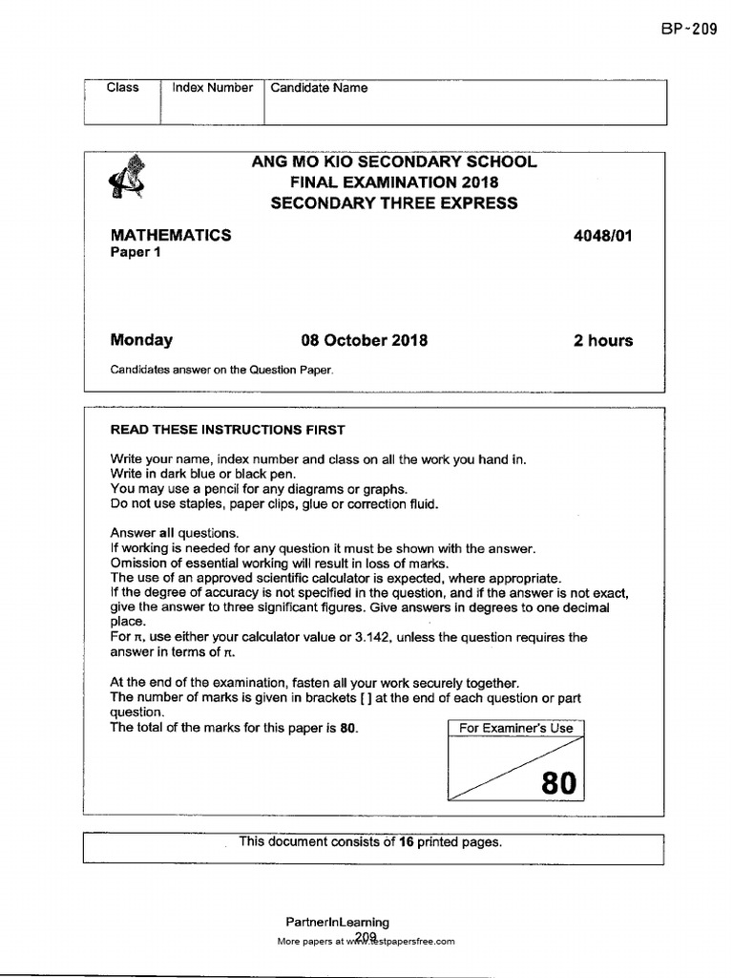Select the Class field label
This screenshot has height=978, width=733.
pyautogui.click(x=122, y=88)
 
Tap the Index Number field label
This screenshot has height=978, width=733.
pyautogui.click(x=212, y=88)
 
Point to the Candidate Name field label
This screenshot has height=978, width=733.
pyautogui.click(x=319, y=88)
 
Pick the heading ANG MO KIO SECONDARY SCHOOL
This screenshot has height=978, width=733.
pyautogui.click(x=394, y=161)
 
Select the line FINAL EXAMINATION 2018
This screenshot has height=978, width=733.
pyautogui.click(x=394, y=182)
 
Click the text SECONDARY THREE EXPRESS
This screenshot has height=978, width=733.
pyautogui.click(x=394, y=202)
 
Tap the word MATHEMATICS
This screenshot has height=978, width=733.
pyautogui.click(x=171, y=235)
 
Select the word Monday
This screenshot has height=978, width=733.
pyautogui.click(x=141, y=340)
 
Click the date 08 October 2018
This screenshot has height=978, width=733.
pyautogui.click(x=365, y=341)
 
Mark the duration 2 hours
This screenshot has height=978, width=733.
pyautogui.click(x=602, y=341)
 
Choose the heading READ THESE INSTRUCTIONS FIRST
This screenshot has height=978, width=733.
pyautogui.click(x=228, y=430)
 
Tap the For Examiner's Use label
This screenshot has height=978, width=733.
pyautogui.click(x=516, y=728)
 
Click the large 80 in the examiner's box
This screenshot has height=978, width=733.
pyautogui.click(x=558, y=784)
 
